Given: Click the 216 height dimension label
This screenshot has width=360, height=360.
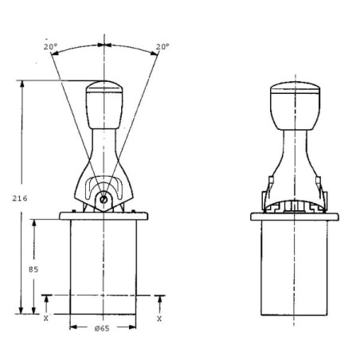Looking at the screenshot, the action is (x=20, y=198).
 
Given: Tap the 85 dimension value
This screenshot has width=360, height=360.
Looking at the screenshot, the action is (x=33, y=269).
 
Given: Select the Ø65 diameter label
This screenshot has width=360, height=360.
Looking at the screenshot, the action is (x=102, y=328).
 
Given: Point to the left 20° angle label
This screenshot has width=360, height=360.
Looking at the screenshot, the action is (x=51, y=47).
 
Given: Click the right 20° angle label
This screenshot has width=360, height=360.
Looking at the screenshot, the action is (x=162, y=47).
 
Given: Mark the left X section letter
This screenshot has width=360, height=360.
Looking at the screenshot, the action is (x=46, y=318).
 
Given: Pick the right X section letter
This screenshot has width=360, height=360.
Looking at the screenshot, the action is (x=159, y=319).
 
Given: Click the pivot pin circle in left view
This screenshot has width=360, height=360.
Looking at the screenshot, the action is (x=104, y=199).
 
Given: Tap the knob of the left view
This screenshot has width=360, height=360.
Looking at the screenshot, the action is (x=104, y=105).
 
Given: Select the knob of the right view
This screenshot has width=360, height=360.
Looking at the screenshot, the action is (x=295, y=106).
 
